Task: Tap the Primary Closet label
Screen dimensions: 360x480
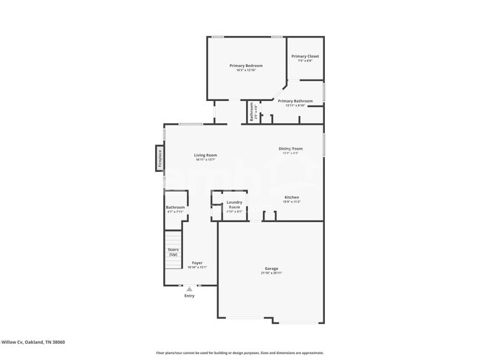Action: (x=304, y=56)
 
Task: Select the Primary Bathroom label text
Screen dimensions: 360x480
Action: (x=295, y=101)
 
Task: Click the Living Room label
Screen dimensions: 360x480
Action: (x=205, y=155)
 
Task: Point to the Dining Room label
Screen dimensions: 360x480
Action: (x=290, y=149)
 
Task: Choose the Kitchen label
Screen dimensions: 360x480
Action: (x=292, y=197)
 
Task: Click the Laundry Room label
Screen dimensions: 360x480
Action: (x=234, y=204)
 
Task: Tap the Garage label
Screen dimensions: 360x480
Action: (x=271, y=268)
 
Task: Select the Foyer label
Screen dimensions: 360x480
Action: (x=197, y=263)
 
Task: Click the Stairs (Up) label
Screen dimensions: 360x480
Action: (x=173, y=252)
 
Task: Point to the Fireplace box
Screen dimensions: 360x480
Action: (x=158, y=158)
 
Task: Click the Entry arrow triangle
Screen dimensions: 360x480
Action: (x=189, y=289)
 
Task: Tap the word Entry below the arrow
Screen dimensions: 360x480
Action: (x=189, y=296)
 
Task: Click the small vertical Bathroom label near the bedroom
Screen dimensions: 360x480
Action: (x=252, y=111)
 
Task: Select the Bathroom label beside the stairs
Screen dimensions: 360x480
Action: (x=175, y=207)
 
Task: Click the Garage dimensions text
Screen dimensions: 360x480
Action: (x=271, y=273)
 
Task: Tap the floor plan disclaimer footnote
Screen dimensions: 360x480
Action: (x=239, y=353)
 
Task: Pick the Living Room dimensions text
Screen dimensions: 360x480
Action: (x=205, y=159)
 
